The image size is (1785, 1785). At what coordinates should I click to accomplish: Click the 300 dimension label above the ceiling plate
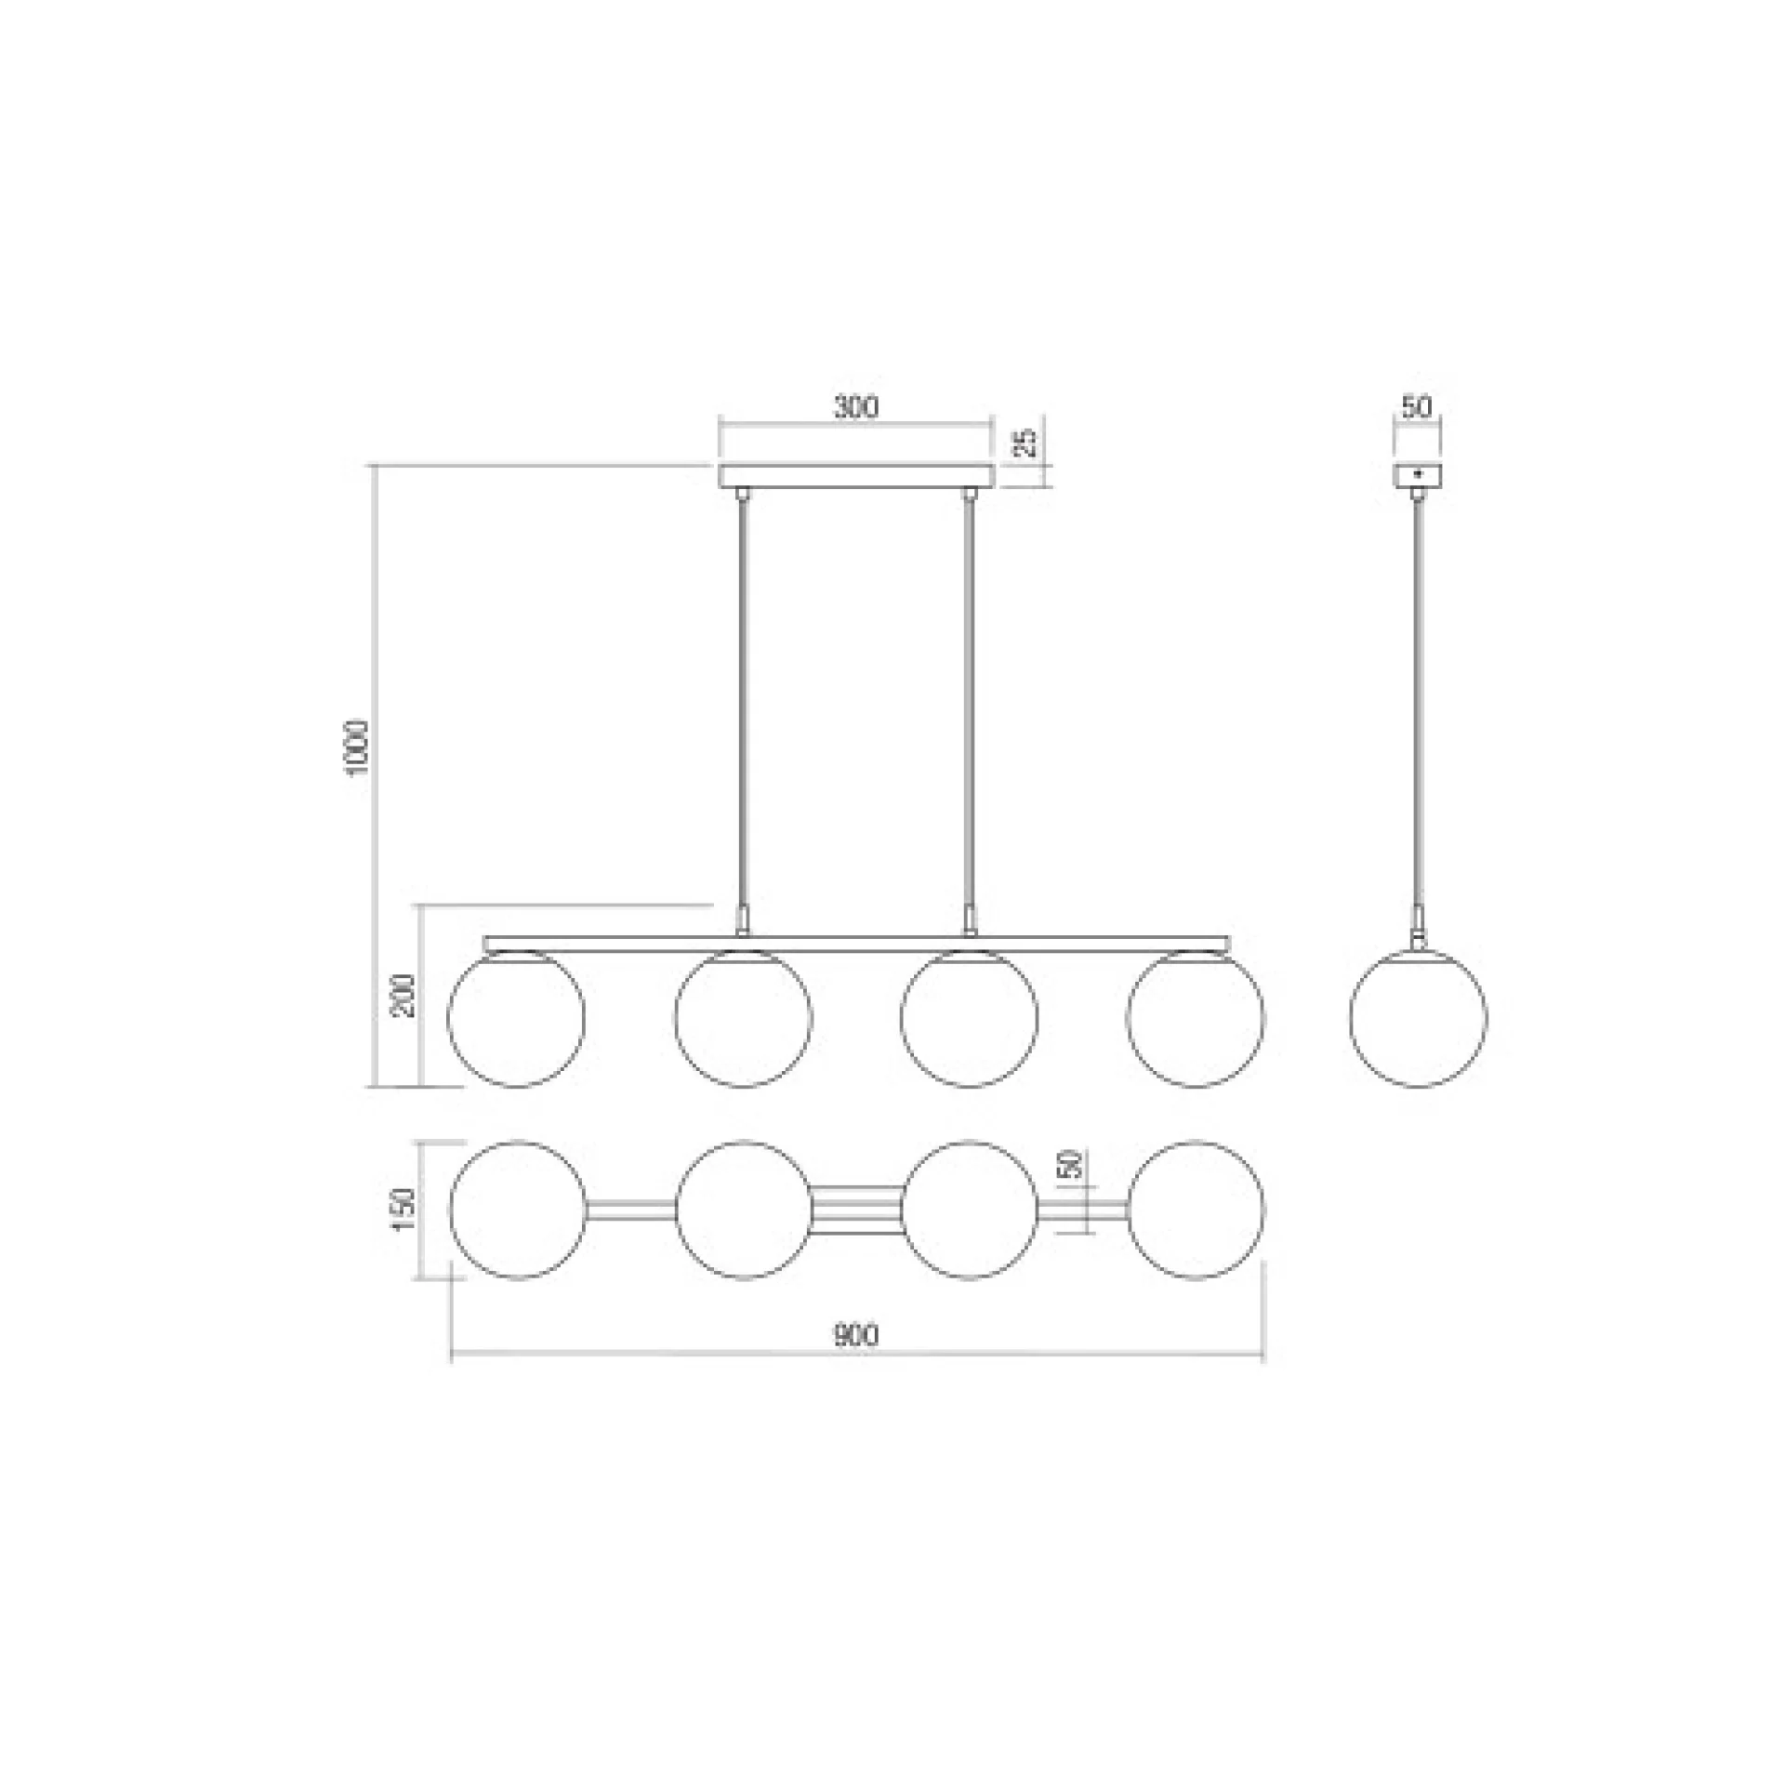(855, 407)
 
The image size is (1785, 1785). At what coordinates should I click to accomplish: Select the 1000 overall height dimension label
(358, 747)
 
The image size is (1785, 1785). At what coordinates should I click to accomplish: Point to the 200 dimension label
(405, 995)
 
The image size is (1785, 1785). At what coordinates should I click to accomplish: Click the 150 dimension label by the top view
(405, 1210)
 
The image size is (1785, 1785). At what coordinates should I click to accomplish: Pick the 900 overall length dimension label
(855, 1336)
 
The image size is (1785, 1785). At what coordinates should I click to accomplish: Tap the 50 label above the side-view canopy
(1416, 407)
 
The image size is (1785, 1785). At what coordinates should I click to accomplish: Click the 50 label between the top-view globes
(1071, 1164)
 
